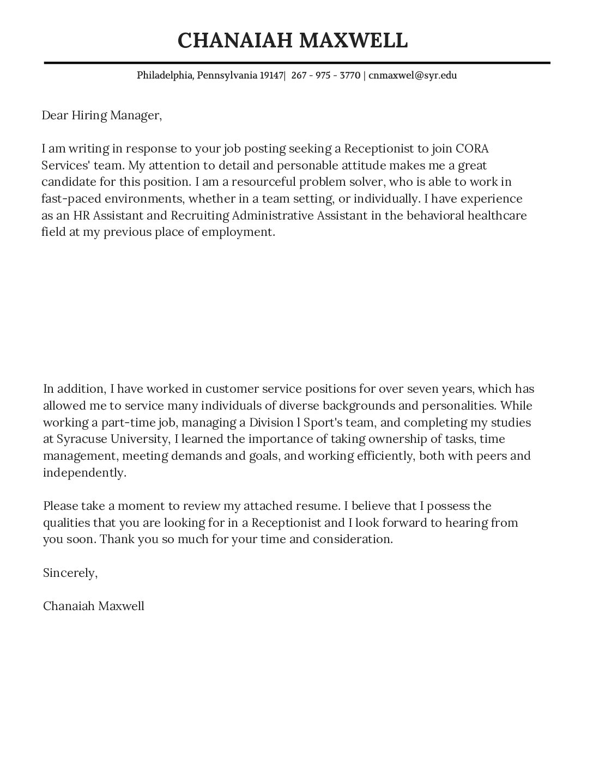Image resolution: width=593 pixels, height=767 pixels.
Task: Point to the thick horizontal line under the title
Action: pos(296,63)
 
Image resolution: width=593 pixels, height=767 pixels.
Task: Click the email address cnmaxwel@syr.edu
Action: pos(413,75)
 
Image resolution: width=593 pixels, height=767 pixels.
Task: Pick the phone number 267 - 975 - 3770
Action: pos(325,75)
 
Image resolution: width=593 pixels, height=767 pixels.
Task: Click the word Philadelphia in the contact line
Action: pos(165,75)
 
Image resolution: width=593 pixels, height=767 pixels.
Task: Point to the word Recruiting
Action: pos(199,215)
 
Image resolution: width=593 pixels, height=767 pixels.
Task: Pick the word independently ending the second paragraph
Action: pos(84,473)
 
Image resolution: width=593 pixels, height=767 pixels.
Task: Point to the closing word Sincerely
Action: pos(70,573)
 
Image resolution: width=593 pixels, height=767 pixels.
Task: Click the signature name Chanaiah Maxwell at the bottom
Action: pos(93,606)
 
